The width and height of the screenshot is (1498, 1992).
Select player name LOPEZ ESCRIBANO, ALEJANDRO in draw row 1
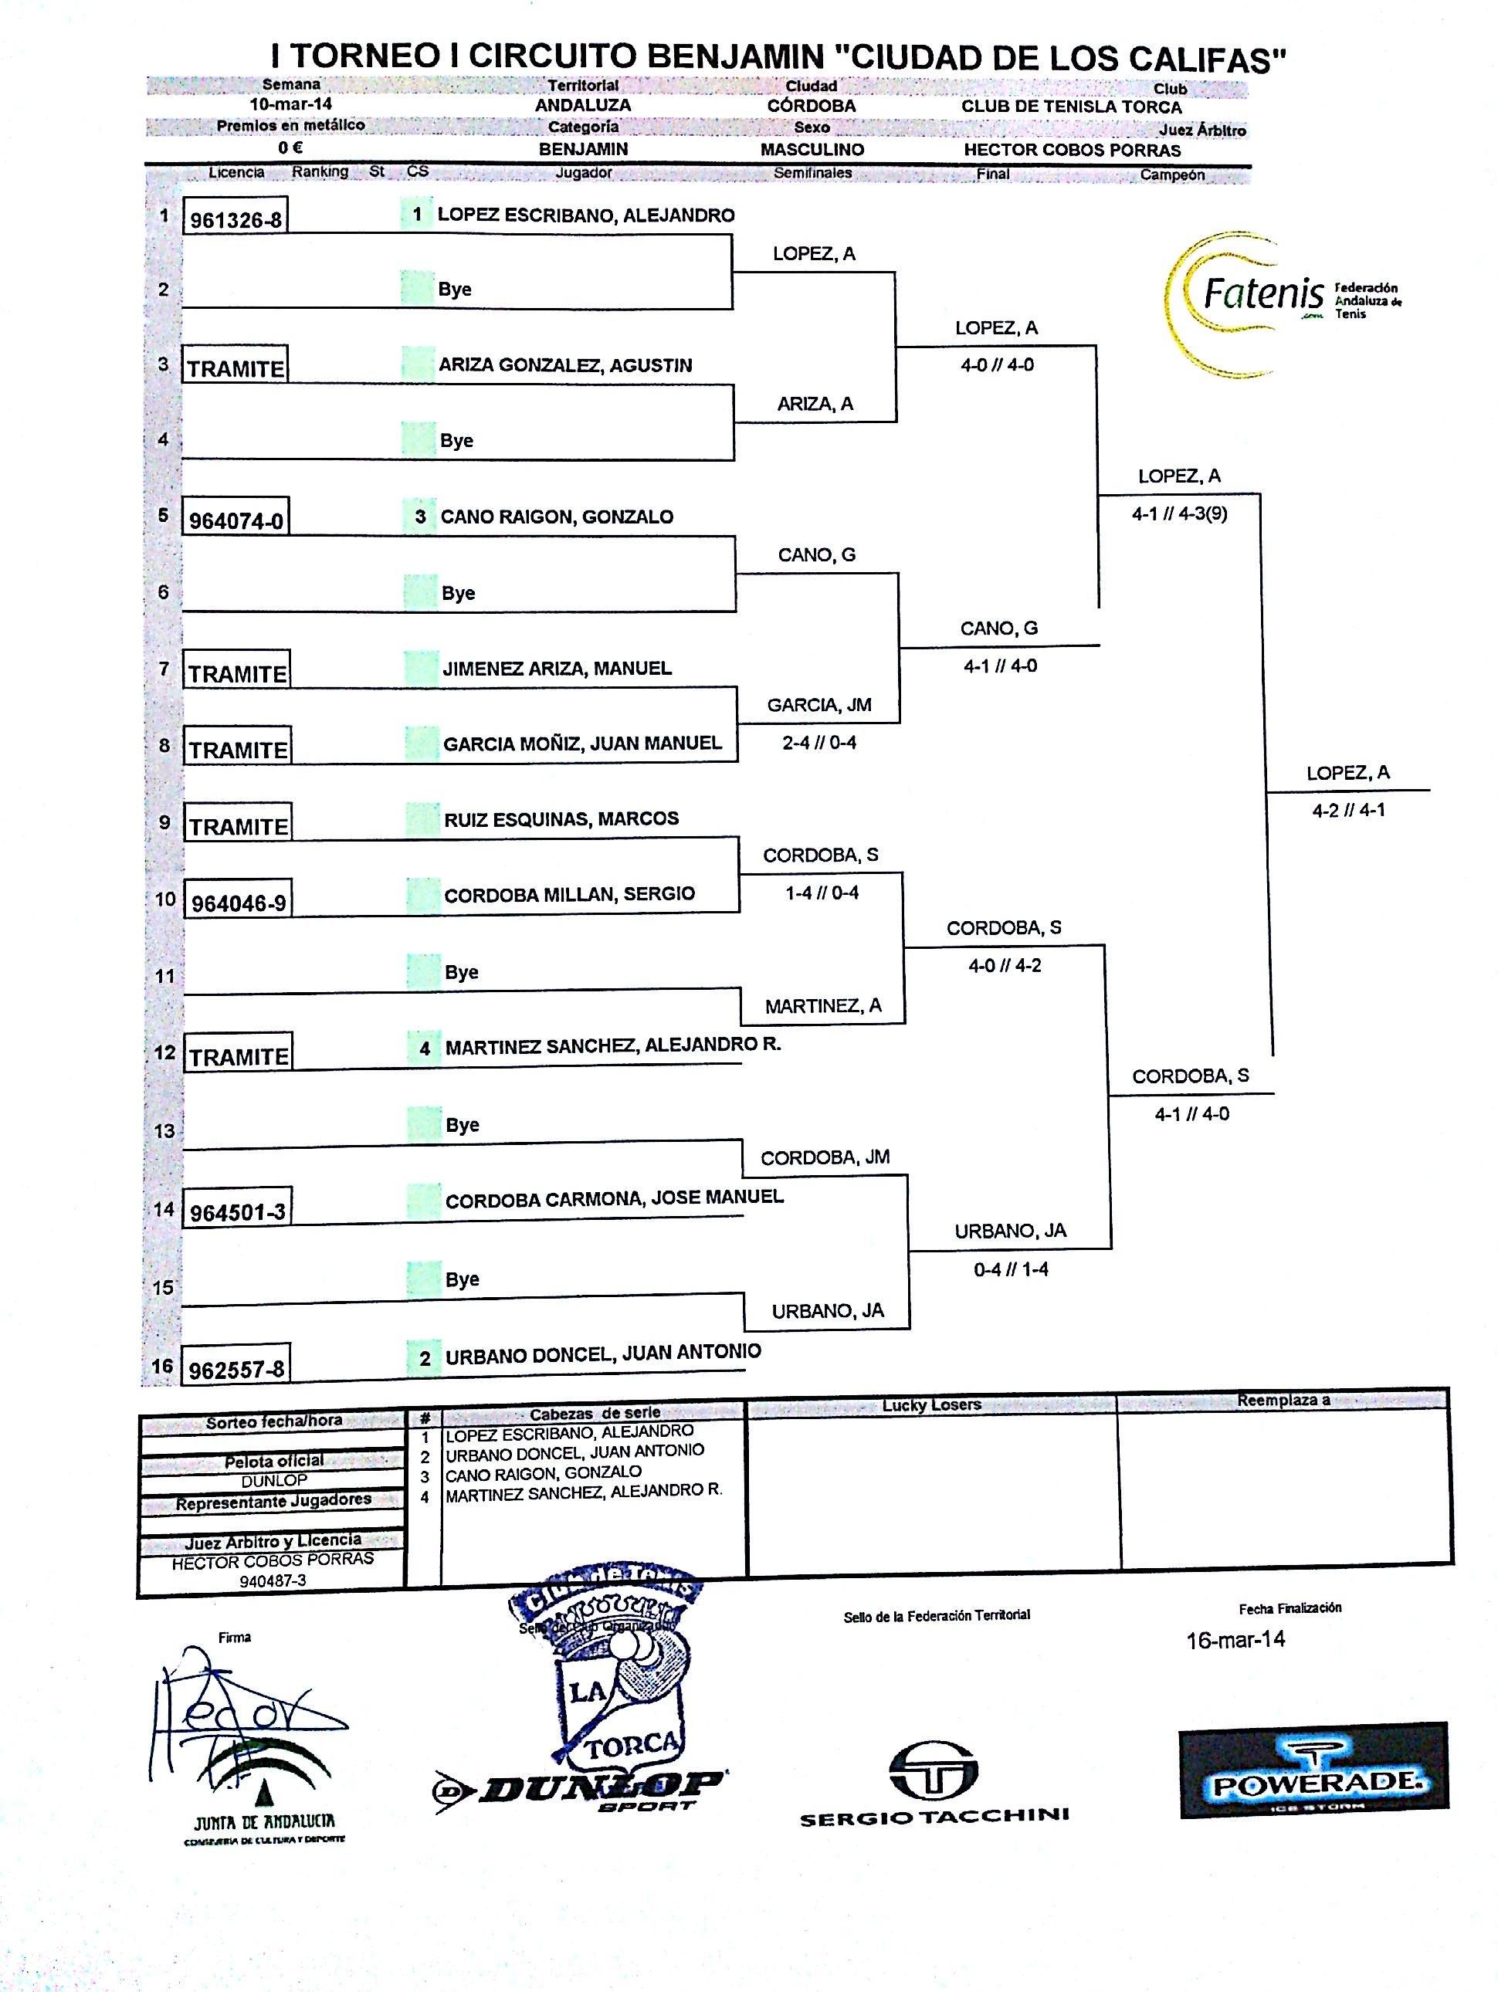(x=585, y=215)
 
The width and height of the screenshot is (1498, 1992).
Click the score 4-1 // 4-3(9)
(x=1179, y=514)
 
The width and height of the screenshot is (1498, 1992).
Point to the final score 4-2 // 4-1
(x=1348, y=811)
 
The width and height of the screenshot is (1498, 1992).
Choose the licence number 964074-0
(x=236, y=521)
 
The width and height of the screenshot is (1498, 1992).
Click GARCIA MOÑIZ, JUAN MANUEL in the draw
(x=582, y=744)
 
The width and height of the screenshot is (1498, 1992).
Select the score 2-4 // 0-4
(x=818, y=743)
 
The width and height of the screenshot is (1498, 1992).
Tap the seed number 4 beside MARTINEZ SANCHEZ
(x=424, y=1049)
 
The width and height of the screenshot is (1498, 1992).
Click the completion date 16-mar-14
(x=1235, y=1639)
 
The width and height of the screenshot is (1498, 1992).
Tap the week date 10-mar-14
(x=291, y=104)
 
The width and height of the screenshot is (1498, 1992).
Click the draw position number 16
(x=162, y=1366)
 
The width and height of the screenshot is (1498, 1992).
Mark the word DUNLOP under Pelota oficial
(x=274, y=1481)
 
